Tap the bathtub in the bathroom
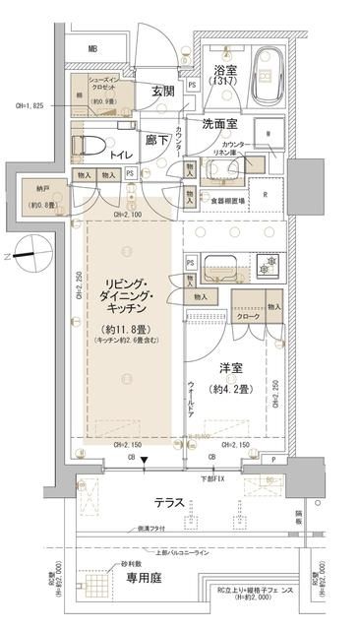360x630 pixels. (x=266, y=75)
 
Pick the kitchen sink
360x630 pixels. (x=217, y=265)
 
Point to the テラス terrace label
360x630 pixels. (x=173, y=500)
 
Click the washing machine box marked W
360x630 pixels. (x=269, y=134)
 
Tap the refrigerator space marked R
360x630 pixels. (x=267, y=192)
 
